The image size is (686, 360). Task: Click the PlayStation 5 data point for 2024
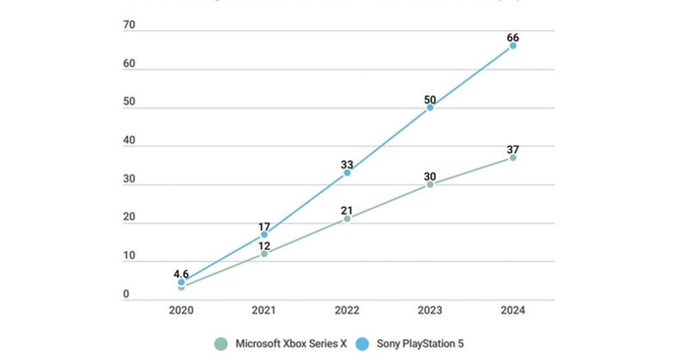tap(513, 45)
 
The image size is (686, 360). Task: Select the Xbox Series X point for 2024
tap(513, 157)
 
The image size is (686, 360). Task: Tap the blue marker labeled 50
tap(430, 107)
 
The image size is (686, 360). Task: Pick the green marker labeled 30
tap(430, 184)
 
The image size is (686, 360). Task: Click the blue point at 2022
tap(347, 172)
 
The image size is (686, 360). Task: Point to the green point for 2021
tap(264, 254)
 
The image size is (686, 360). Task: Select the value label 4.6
tap(181, 273)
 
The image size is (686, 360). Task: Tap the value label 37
tap(513, 149)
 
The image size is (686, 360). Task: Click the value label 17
tap(264, 225)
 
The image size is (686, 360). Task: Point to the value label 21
tap(347, 210)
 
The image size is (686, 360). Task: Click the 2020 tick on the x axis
tap(181, 311)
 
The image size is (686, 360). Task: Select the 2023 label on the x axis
tap(430, 311)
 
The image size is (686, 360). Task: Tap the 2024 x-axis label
tap(513, 311)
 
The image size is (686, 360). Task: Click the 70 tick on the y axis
tap(129, 26)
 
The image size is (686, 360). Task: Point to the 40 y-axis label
tap(129, 142)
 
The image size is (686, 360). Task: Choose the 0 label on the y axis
tap(126, 295)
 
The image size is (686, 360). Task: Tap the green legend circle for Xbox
tap(221, 344)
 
